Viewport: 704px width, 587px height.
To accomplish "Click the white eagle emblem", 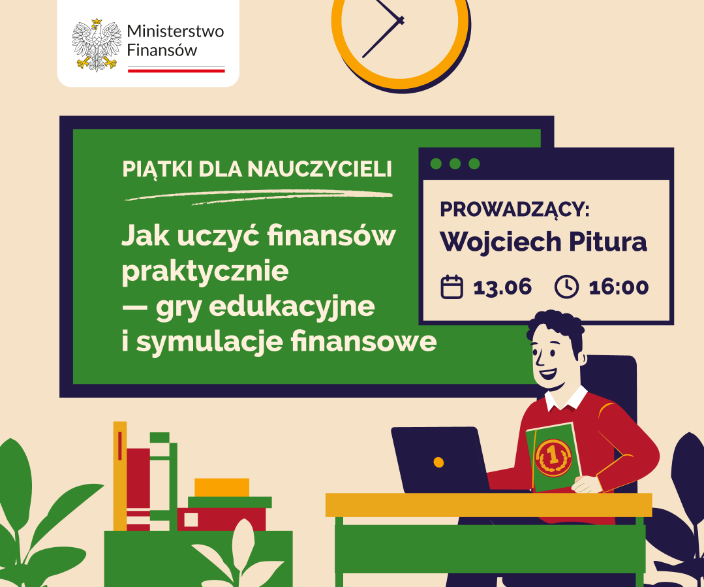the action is [x=97, y=44].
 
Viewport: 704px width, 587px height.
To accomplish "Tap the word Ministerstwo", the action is [x=175, y=31].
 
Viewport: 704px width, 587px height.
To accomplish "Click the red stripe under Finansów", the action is [x=176, y=71].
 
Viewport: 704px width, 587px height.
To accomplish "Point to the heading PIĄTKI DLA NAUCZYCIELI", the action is [x=257, y=169].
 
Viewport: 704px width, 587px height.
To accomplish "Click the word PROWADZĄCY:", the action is [x=515, y=210].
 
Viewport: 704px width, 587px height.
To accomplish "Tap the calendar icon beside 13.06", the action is [x=451, y=287].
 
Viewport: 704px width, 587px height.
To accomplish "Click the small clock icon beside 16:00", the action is [x=566, y=287].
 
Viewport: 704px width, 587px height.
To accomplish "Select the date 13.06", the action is [x=502, y=287].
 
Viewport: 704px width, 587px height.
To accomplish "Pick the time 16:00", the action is [x=619, y=287].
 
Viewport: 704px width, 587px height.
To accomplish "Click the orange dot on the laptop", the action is [x=438, y=462].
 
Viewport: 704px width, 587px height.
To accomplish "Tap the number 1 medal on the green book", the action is [x=553, y=458].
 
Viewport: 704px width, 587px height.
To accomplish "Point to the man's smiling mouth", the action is [x=548, y=373].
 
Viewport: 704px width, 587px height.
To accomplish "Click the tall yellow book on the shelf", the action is [x=120, y=476].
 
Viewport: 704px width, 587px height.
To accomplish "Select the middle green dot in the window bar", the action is [x=455, y=164].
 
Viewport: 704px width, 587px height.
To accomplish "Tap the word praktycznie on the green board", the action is [x=205, y=272].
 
